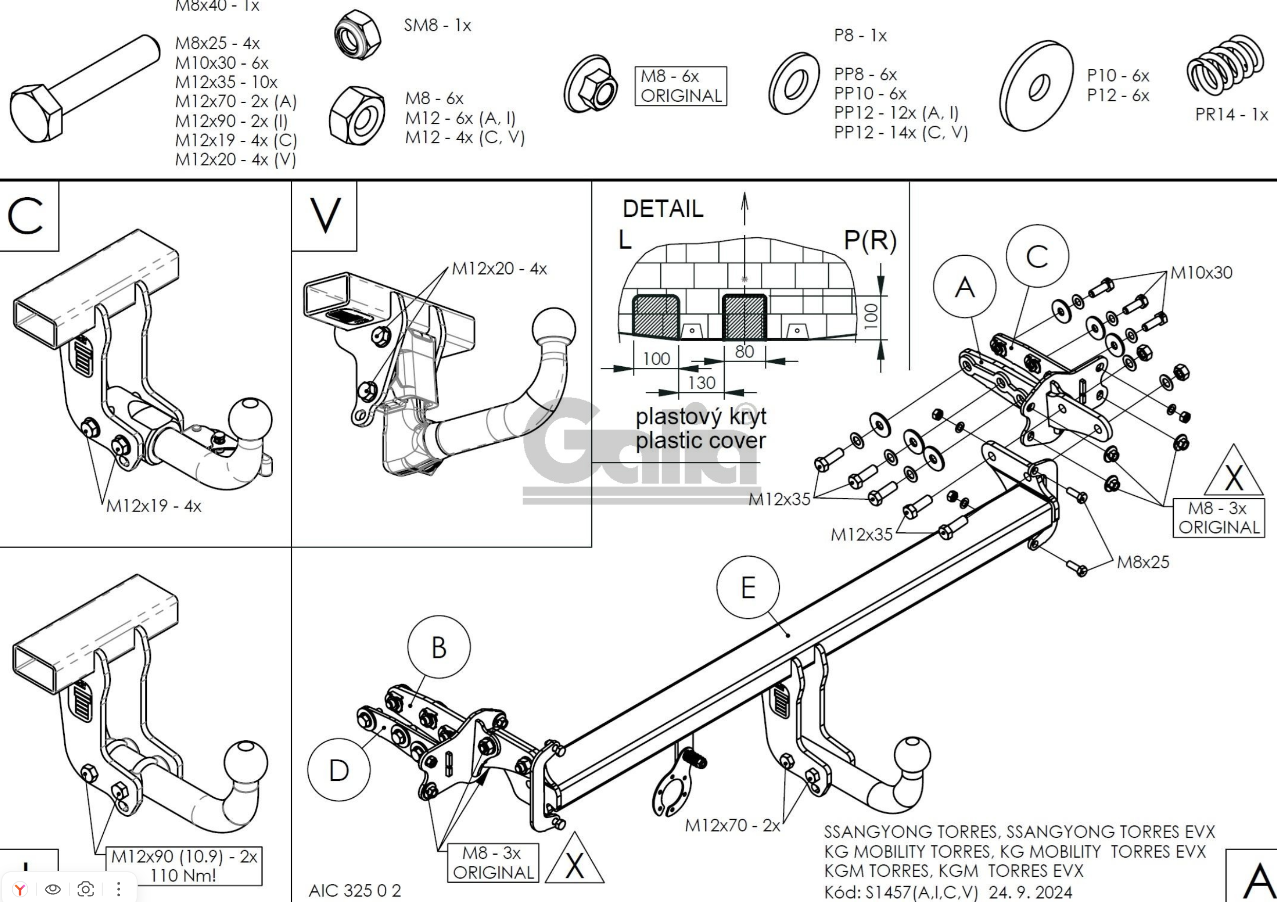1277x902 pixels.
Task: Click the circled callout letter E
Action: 747,587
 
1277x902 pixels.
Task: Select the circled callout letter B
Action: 439,647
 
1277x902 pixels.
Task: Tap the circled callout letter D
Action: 339,770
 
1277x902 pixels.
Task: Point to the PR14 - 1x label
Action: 1231,115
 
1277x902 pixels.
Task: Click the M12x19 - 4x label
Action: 154,506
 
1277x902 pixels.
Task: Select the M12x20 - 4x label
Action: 499,269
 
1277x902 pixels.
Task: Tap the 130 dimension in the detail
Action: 701,383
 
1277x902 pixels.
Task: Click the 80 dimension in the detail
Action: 744,351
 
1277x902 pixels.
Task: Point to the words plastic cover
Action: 700,440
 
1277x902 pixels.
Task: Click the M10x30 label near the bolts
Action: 1201,272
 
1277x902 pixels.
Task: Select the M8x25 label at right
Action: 1143,562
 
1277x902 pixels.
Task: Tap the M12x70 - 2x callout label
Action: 732,825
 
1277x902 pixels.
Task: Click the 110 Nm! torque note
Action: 183,876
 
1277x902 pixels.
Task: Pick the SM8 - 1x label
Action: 437,25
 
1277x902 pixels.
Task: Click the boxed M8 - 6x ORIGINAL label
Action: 680,86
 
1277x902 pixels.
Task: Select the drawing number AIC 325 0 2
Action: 355,890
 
